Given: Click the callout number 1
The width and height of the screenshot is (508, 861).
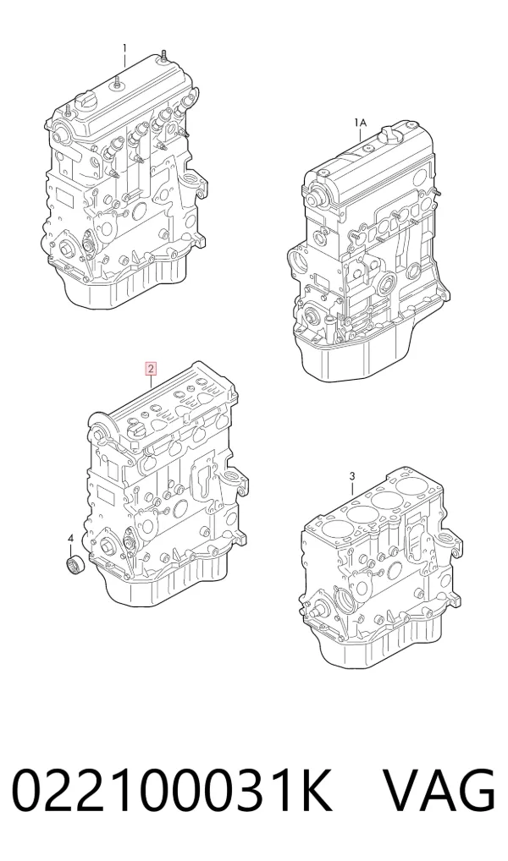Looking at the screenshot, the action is point(124,48).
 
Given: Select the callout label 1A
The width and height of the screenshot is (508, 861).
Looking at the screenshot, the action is point(360,122).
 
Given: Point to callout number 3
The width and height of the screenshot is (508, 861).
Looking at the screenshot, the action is point(352,475).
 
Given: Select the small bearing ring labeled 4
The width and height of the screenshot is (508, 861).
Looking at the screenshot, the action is point(72,565).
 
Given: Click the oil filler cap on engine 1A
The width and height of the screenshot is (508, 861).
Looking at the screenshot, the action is point(389,134).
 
